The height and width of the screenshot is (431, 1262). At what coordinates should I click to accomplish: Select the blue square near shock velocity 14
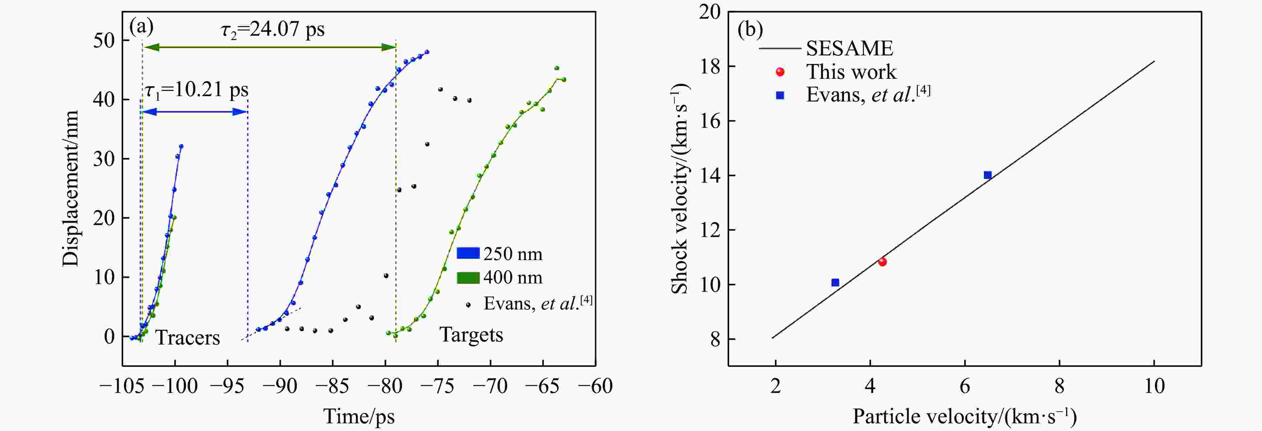(x=988, y=175)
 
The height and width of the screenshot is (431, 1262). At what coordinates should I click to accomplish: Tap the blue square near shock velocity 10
(x=835, y=282)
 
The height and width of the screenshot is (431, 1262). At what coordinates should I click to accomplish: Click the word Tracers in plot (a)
(x=188, y=338)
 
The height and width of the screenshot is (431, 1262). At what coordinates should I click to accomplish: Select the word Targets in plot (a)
(x=471, y=335)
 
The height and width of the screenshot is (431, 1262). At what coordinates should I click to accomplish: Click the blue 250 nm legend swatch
(x=468, y=253)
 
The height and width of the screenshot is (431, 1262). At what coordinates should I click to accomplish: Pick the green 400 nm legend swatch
(x=468, y=278)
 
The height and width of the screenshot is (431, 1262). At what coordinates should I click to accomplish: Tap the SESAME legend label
(x=849, y=48)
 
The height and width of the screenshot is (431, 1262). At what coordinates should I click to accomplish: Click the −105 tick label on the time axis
(x=122, y=386)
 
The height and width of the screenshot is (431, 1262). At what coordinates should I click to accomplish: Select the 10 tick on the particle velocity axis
(x=1154, y=386)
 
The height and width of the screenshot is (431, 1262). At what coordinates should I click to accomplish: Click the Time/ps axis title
(x=359, y=417)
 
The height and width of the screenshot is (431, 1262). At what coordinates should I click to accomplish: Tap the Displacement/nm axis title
(x=71, y=189)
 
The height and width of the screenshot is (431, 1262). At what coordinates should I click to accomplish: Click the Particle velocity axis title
(x=965, y=417)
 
